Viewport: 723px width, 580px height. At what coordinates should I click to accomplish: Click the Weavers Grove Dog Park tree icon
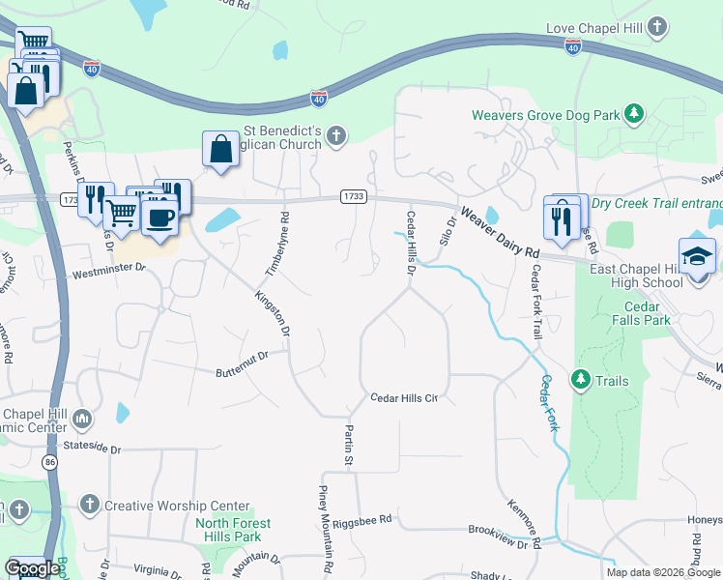634,114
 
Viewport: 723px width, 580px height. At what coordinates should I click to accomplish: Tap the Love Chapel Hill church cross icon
657,26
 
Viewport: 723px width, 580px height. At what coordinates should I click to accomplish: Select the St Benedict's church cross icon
336,134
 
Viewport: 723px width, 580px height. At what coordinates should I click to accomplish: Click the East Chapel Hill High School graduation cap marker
696,256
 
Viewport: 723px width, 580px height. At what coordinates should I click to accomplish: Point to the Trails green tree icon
581,380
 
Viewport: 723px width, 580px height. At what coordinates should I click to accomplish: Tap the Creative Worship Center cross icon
89,505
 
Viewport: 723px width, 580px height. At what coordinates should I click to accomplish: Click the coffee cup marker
159,217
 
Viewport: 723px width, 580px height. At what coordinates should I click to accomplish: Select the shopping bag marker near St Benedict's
220,150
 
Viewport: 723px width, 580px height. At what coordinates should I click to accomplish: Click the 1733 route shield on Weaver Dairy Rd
354,196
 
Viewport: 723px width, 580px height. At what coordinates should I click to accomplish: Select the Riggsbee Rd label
361,520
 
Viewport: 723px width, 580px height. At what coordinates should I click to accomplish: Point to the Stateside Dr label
88,449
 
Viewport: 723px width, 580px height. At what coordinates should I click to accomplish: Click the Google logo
32,568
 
